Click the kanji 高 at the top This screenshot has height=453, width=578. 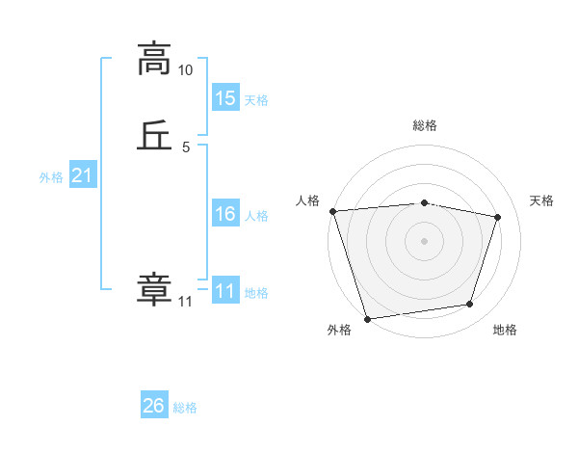[154, 58]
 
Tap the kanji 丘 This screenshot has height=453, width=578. [154, 136]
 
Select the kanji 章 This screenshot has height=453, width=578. [154, 290]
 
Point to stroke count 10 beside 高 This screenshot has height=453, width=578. [186, 70]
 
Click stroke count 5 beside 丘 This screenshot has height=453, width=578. [186, 147]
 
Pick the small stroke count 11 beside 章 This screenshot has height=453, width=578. [185, 303]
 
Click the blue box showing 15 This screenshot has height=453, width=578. [225, 97]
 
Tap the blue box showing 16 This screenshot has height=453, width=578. [225, 214]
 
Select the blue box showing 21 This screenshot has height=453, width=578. [83, 175]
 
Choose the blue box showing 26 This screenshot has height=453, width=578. [154, 406]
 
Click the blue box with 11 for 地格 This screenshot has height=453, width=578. [225, 291]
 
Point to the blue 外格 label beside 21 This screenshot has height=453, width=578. [51, 177]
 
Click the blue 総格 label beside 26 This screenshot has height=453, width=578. [185, 408]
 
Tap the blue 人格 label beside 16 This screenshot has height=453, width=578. [256, 216]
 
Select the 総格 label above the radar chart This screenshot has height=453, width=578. [425, 125]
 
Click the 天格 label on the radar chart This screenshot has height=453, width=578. [542, 200]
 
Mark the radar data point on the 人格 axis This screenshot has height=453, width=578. [332, 211]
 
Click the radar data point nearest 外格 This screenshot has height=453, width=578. [367, 318]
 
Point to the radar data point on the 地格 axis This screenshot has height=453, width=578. [470, 305]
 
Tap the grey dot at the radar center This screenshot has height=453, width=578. [425, 240]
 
